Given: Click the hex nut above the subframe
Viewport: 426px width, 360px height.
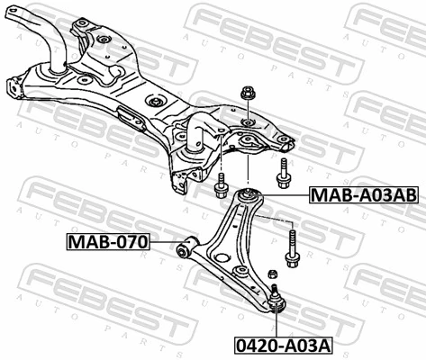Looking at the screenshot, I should (248, 93).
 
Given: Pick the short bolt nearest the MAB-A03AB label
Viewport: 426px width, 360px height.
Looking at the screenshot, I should (285, 175).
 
